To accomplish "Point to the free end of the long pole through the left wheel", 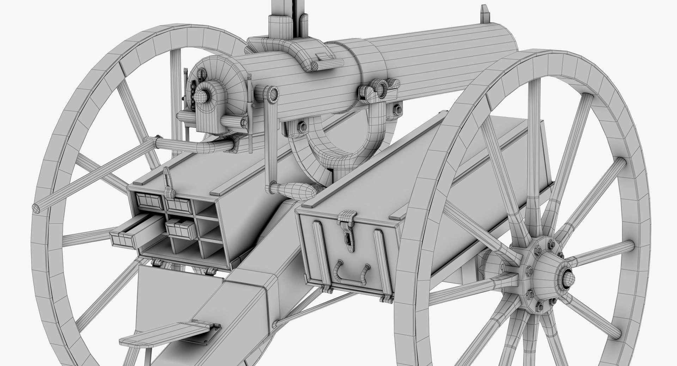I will [x=36, y=208].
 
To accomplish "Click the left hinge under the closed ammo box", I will [x=327, y=290].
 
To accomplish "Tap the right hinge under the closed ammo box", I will [x=386, y=299].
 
